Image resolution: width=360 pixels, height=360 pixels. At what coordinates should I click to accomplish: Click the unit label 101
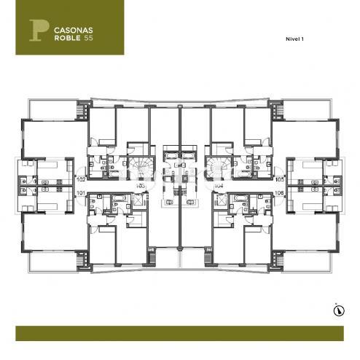click(80, 192)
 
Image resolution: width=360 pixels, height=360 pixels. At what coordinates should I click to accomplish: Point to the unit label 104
click(218, 186)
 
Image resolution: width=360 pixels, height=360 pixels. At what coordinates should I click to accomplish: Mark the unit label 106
click(279, 192)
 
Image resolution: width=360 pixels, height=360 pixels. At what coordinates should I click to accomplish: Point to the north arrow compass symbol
click(337, 310)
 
